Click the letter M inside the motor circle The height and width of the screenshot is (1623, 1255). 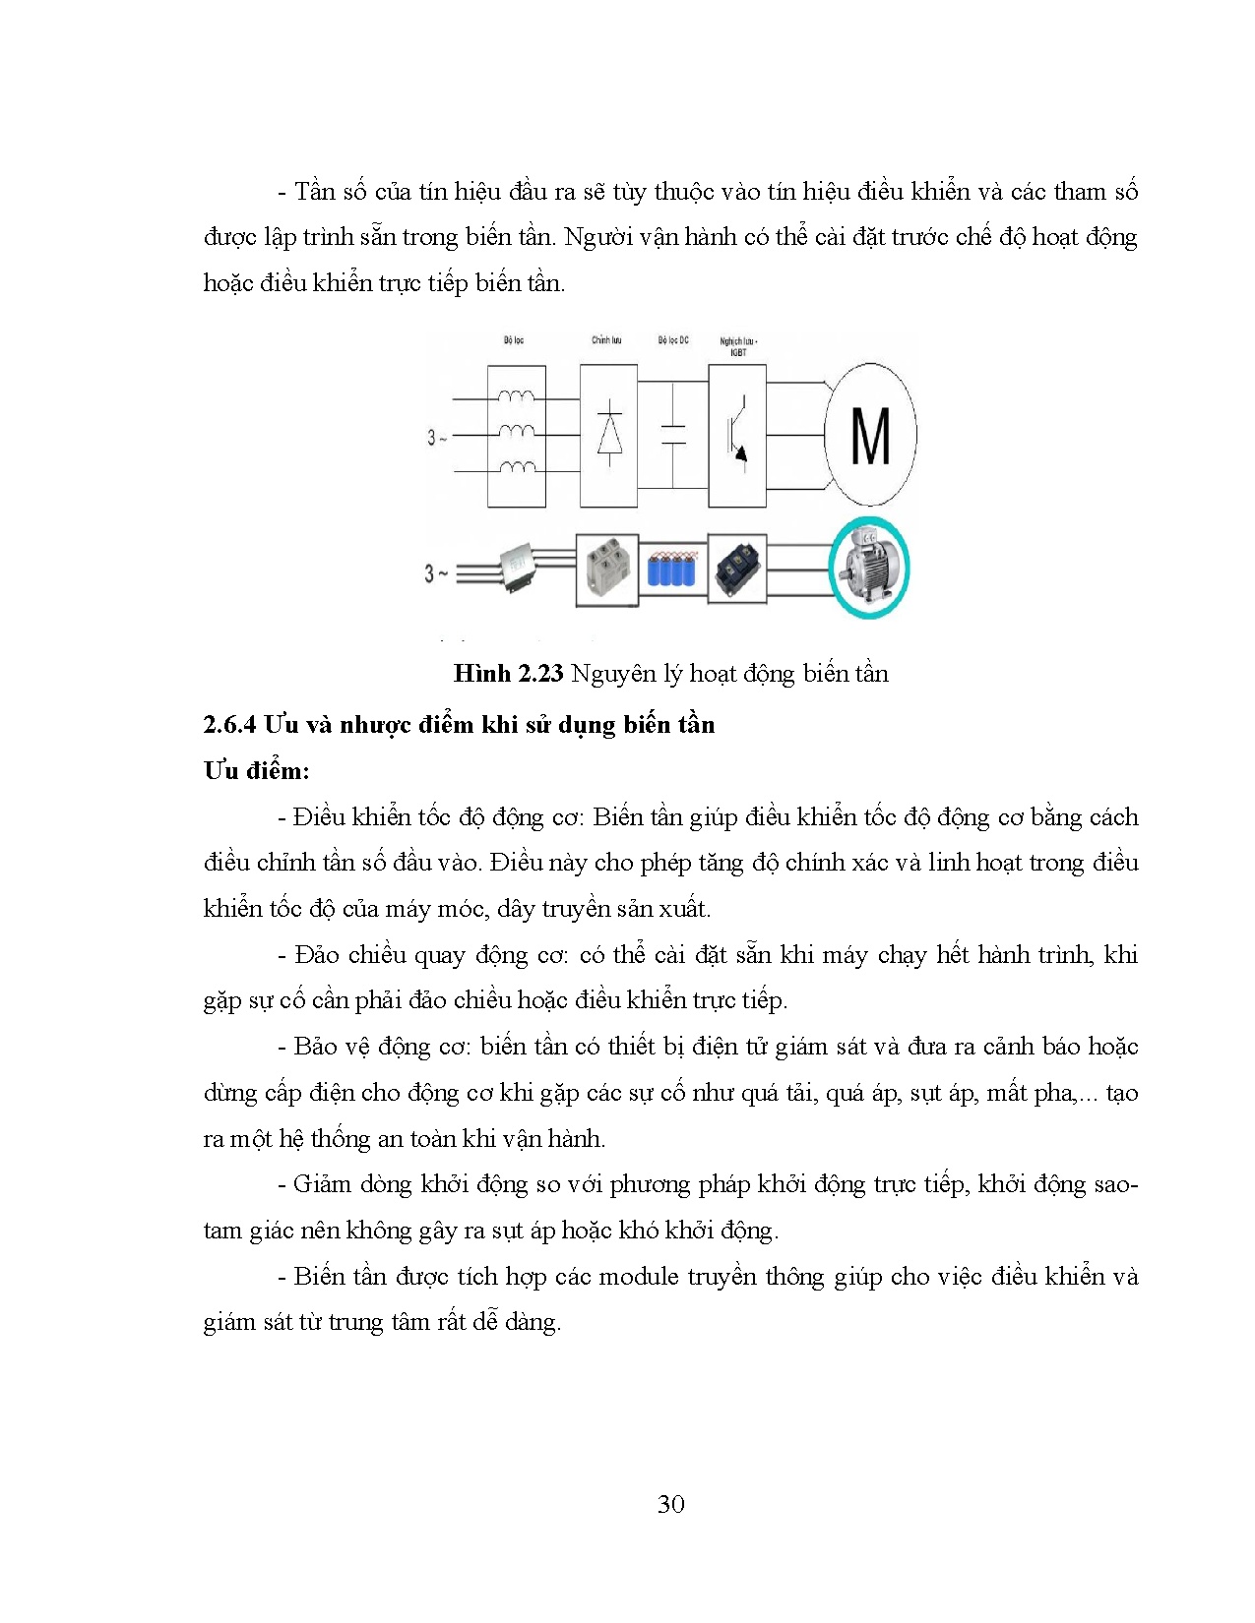pyautogui.click(x=870, y=436)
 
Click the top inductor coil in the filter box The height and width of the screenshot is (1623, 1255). pyautogui.click(x=517, y=397)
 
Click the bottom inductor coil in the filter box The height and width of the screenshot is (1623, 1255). pyautogui.click(x=517, y=469)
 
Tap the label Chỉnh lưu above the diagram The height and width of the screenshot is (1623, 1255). pyautogui.click(x=606, y=340)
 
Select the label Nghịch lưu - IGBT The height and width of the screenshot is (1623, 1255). pyautogui.click(x=738, y=346)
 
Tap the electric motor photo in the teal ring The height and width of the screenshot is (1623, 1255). pyautogui.click(x=869, y=568)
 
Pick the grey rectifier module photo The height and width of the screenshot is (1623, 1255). pyautogui.click(x=606, y=570)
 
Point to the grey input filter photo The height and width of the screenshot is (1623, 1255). pyautogui.click(x=517, y=570)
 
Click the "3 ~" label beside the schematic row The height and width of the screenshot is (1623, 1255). pyautogui.click(x=436, y=437)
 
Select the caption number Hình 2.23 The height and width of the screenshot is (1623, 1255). pyautogui.click(x=508, y=674)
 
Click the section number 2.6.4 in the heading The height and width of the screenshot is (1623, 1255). pyautogui.click(x=229, y=725)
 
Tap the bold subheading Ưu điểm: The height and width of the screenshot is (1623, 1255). pyautogui.click(x=256, y=771)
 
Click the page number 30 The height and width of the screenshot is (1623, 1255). pyautogui.click(x=670, y=1504)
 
